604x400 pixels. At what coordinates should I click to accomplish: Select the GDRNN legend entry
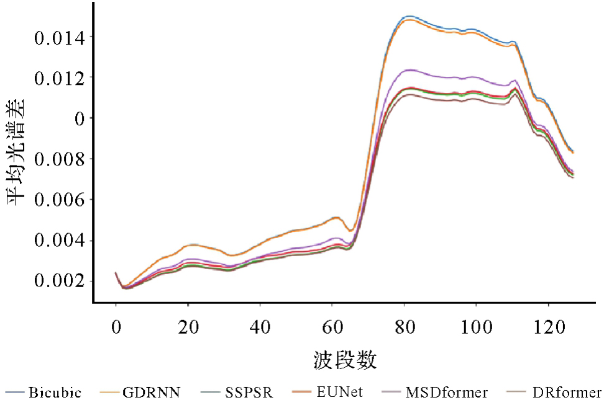point(151,392)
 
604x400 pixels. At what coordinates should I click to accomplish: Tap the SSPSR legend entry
point(249,392)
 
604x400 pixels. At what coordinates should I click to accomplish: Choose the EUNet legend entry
point(339,392)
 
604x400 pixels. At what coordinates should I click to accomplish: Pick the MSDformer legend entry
point(446,392)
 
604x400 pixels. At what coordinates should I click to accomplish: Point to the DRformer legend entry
point(566,392)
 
